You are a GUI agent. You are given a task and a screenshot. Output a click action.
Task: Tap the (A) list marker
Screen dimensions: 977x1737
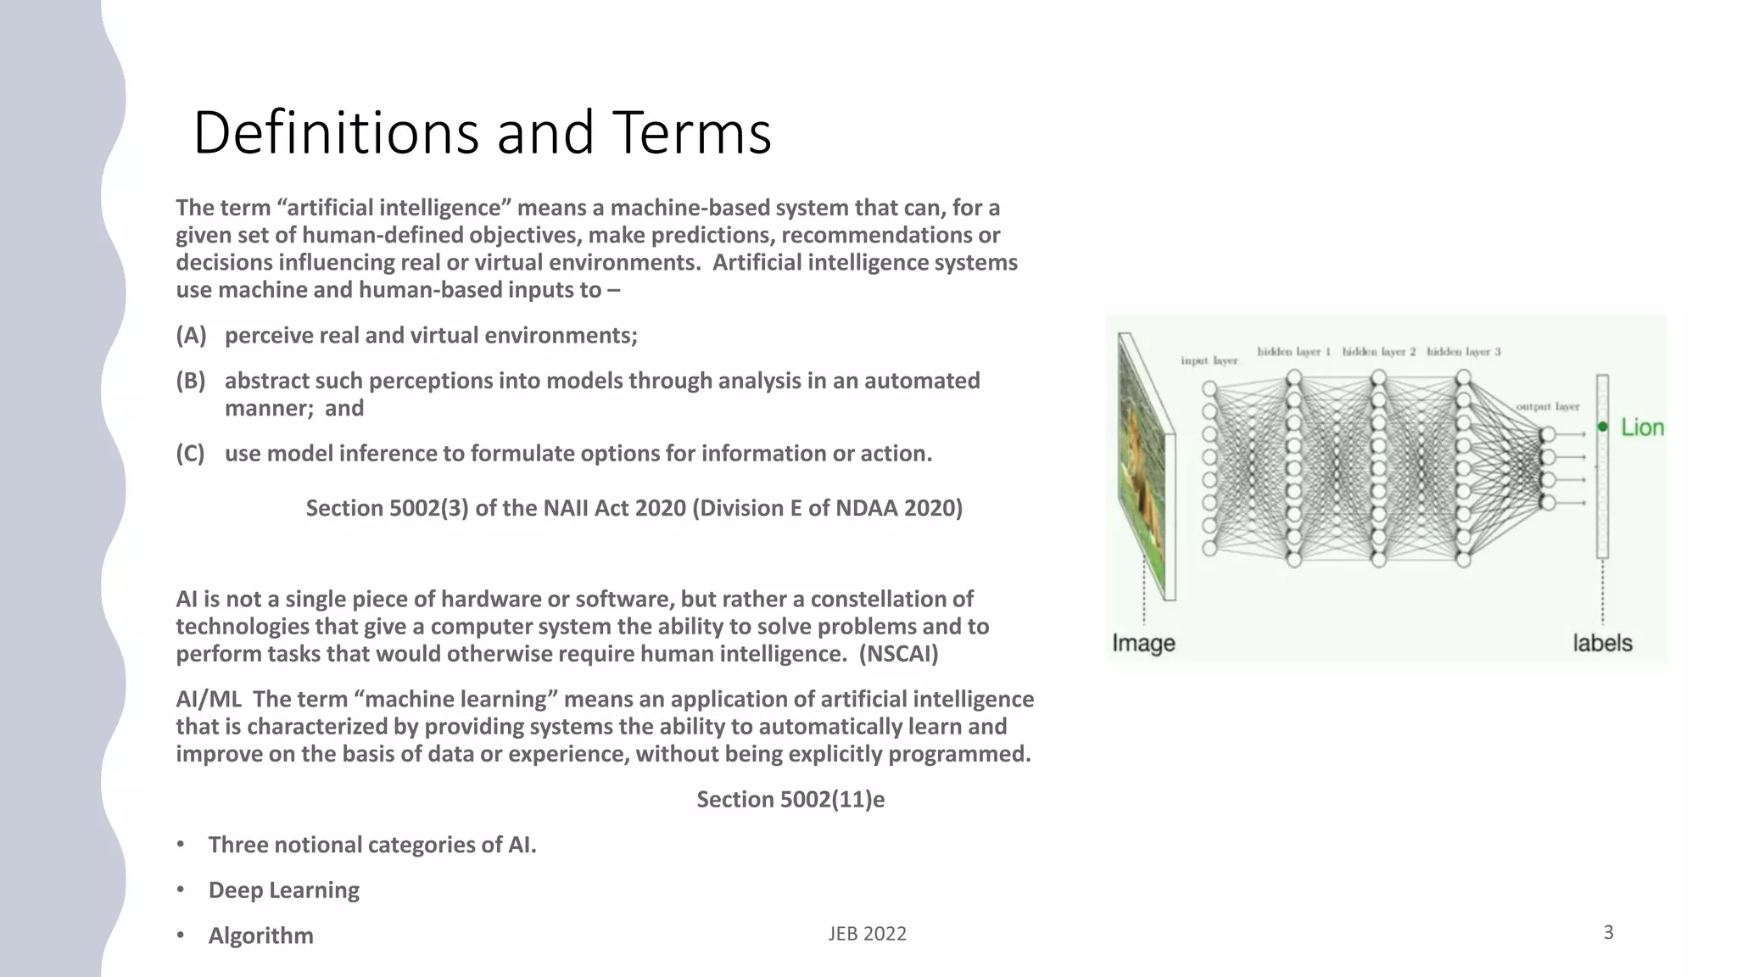[191, 336]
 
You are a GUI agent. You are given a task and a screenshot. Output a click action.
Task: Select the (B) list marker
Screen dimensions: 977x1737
[191, 381]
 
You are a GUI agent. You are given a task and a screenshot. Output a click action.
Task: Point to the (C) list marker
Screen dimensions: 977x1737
[191, 454]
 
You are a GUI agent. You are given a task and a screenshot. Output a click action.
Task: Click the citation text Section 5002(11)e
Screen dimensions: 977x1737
[790, 800]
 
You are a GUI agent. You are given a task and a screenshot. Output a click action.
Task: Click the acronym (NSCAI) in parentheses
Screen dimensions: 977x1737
[898, 654]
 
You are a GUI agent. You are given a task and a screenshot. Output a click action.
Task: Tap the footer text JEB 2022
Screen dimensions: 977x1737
[867, 934]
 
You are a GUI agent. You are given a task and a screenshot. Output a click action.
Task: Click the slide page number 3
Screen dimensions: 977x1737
[1608, 933]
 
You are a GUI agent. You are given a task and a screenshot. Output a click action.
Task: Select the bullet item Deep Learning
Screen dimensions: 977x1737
[283, 890]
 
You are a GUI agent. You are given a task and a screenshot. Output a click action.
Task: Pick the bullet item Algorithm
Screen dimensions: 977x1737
[260, 935]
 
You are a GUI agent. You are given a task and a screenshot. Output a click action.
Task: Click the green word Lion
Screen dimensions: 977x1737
[1642, 427]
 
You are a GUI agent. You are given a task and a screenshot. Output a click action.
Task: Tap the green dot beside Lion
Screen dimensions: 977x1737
[1602, 427]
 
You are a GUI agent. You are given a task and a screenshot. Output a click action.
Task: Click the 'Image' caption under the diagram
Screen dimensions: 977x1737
[1143, 643]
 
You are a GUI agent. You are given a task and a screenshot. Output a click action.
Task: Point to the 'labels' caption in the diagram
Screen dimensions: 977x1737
[1602, 643]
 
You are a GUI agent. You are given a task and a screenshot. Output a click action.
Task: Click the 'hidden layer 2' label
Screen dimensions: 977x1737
[1378, 351]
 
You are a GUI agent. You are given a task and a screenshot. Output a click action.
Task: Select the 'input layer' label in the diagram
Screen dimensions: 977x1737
[1209, 361]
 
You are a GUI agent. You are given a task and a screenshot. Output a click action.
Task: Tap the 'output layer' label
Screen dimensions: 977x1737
[1547, 407]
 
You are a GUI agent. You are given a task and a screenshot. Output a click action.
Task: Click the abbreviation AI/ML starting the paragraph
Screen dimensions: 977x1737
[208, 700]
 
